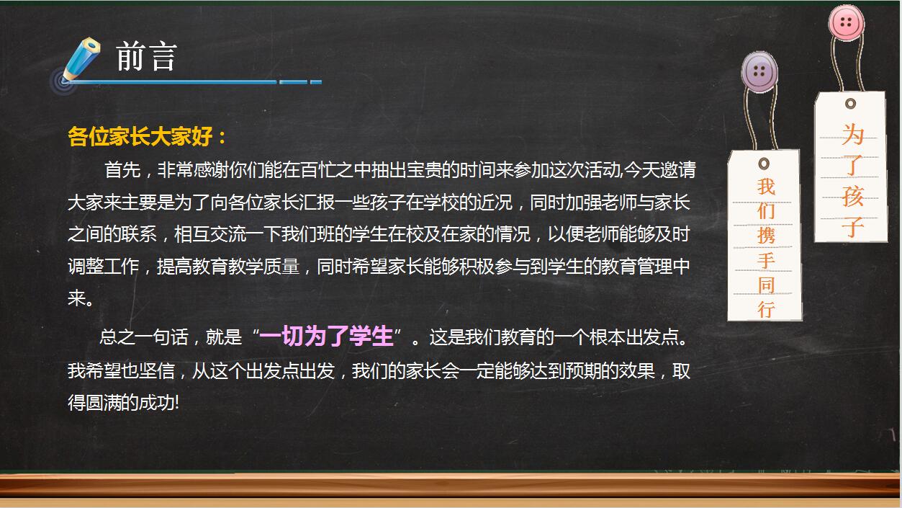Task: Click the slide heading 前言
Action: (x=146, y=57)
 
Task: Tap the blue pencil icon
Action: (x=80, y=61)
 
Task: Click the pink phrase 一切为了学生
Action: (x=326, y=337)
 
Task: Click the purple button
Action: (x=760, y=71)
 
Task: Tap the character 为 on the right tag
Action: (x=853, y=135)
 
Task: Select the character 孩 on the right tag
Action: (x=853, y=196)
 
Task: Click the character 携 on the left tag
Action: (x=766, y=236)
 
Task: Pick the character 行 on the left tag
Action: (x=766, y=310)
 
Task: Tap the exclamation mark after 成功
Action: (x=176, y=404)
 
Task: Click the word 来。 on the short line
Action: (x=80, y=299)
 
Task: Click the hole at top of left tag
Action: (x=764, y=163)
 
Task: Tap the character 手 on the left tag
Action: (x=766, y=260)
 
